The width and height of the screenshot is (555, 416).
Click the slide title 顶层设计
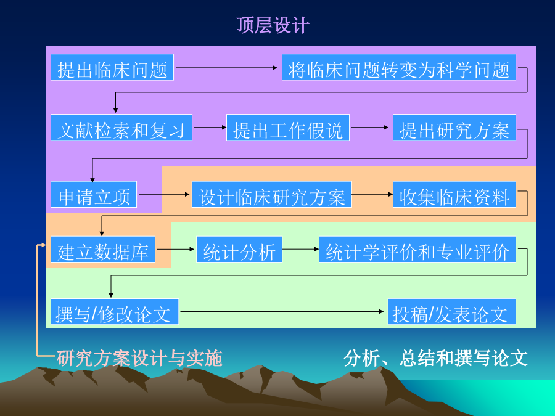[273, 25]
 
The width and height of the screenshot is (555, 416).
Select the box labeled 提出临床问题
[112, 67]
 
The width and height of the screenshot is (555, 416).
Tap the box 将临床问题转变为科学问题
[399, 67]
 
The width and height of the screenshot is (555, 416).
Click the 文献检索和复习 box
[121, 128]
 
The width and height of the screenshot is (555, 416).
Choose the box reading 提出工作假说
[288, 128]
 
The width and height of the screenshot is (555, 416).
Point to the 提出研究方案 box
[454, 128]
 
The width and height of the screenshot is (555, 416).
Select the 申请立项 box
[94, 194]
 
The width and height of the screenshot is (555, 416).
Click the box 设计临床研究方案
[272, 194]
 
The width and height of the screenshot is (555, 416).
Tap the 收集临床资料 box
[454, 194]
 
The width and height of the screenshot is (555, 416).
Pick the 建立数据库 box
[103, 250]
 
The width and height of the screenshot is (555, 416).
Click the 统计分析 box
[239, 250]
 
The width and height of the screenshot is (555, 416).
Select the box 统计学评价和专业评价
[417, 250]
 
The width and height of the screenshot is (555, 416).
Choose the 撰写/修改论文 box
[114, 312]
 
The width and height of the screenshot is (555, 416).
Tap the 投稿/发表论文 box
[451, 312]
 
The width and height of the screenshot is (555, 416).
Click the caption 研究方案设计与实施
[139, 358]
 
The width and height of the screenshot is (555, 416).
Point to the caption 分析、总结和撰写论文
[436, 358]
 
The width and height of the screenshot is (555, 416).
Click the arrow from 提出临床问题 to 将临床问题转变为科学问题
[226, 67]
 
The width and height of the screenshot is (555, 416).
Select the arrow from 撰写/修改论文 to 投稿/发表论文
[282, 312]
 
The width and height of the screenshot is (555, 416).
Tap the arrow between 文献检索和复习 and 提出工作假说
[210, 128]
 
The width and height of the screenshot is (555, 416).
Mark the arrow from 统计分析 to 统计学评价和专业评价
[300, 249]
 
